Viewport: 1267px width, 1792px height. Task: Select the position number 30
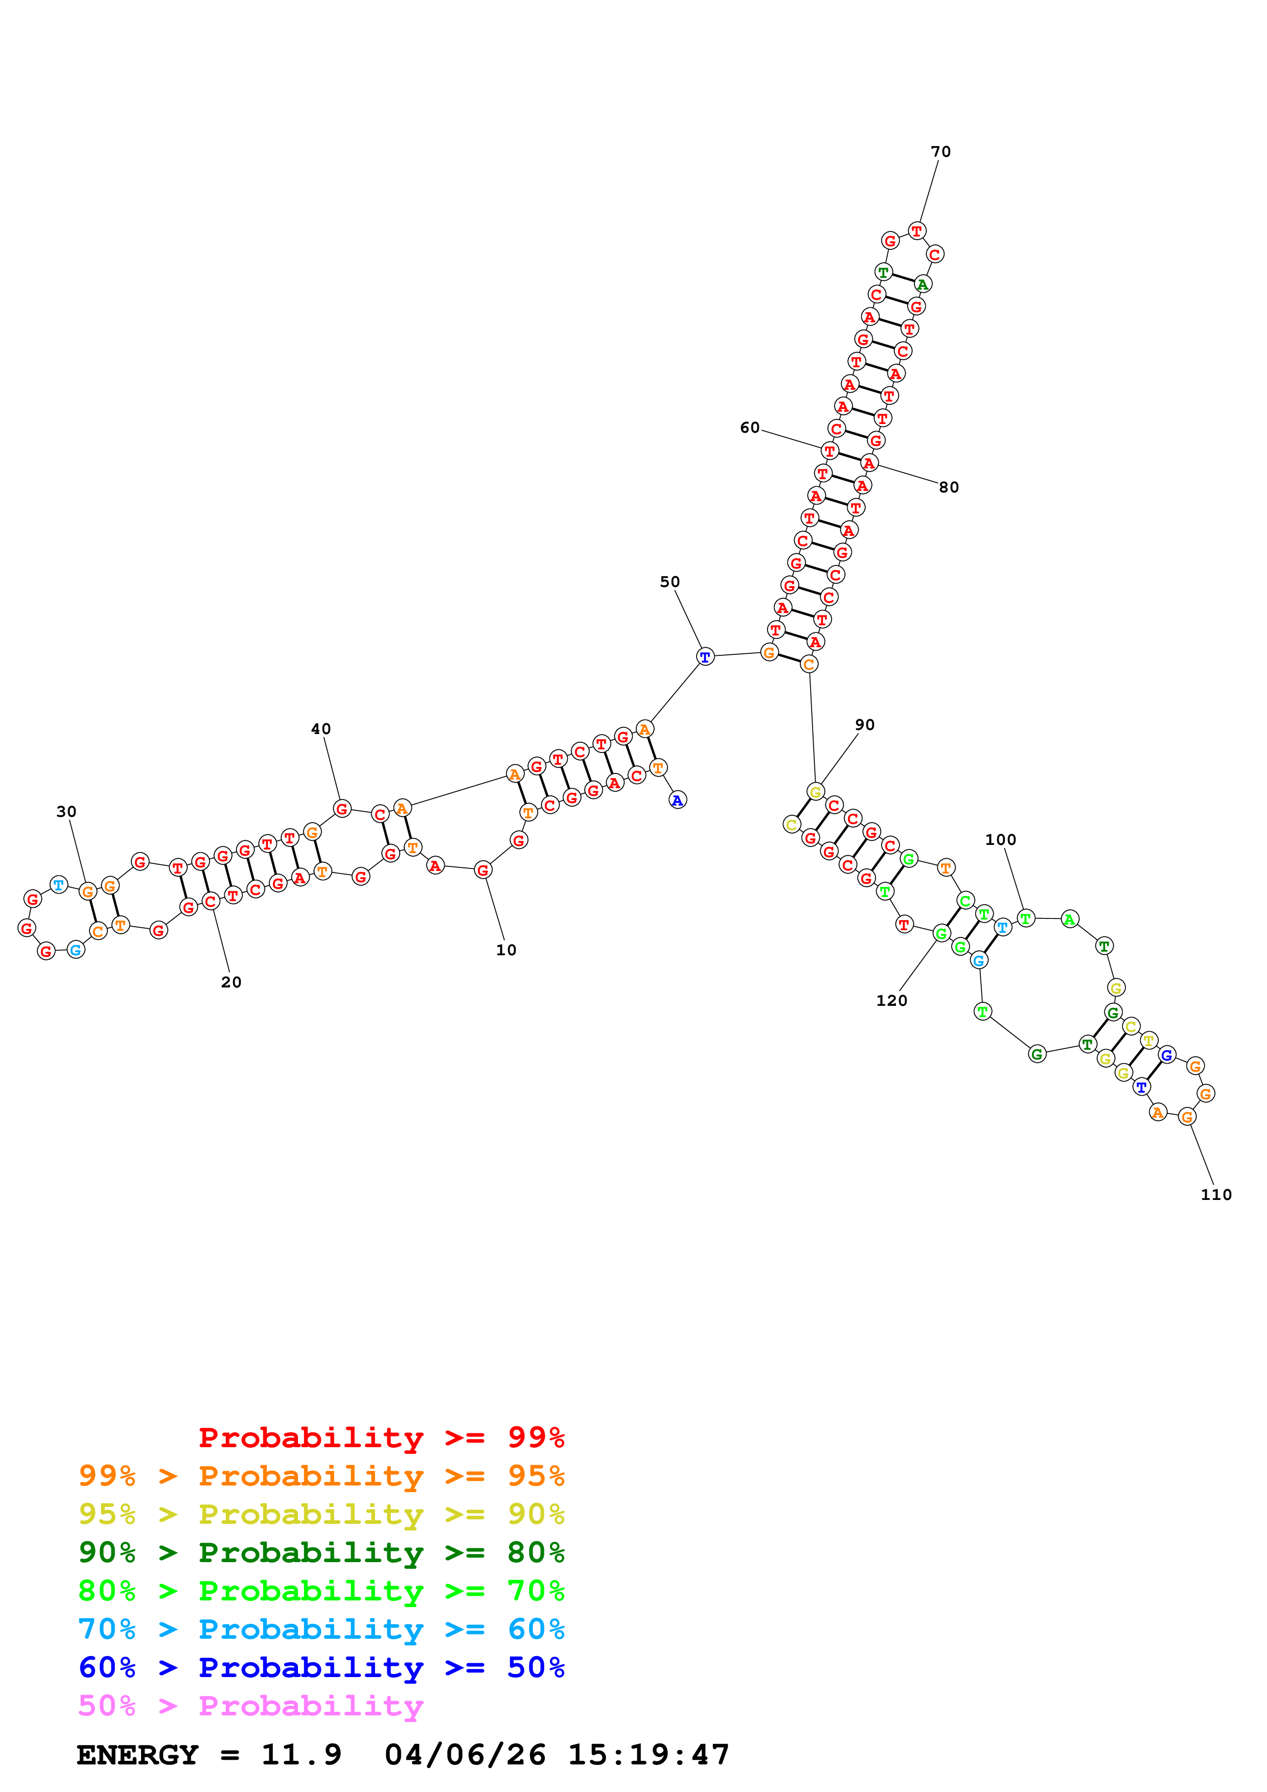pyautogui.click(x=66, y=812)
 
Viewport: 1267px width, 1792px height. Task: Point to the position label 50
pyautogui.click(x=670, y=581)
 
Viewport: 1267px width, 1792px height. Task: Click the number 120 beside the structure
pyautogui.click(x=891, y=1001)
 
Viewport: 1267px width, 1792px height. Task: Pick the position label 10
pyautogui.click(x=506, y=950)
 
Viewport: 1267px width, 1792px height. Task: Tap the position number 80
pyautogui.click(x=949, y=487)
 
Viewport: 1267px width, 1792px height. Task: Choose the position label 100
pyautogui.click(x=1000, y=840)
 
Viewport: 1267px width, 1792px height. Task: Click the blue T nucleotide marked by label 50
pyautogui.click(x=705, y=656)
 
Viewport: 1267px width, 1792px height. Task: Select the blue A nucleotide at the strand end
pyautogui.click(x=678, y=800)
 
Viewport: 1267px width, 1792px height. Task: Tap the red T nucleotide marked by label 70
pyautogui.click(x=916, y=231)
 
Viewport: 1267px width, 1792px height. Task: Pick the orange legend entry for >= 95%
pyautogui.click(x=321, y=1475)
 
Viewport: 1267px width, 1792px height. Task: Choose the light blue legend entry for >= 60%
pyautogui.click(x=321, y=1629)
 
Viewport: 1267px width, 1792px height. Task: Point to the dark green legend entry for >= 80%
pyautogui.click(x=321, y=1552)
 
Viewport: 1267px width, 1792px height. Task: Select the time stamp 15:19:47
pyautogui.click(x=648, y=1755)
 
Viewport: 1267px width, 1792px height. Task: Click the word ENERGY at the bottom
pyautogui.click(x=137, y=1755)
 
